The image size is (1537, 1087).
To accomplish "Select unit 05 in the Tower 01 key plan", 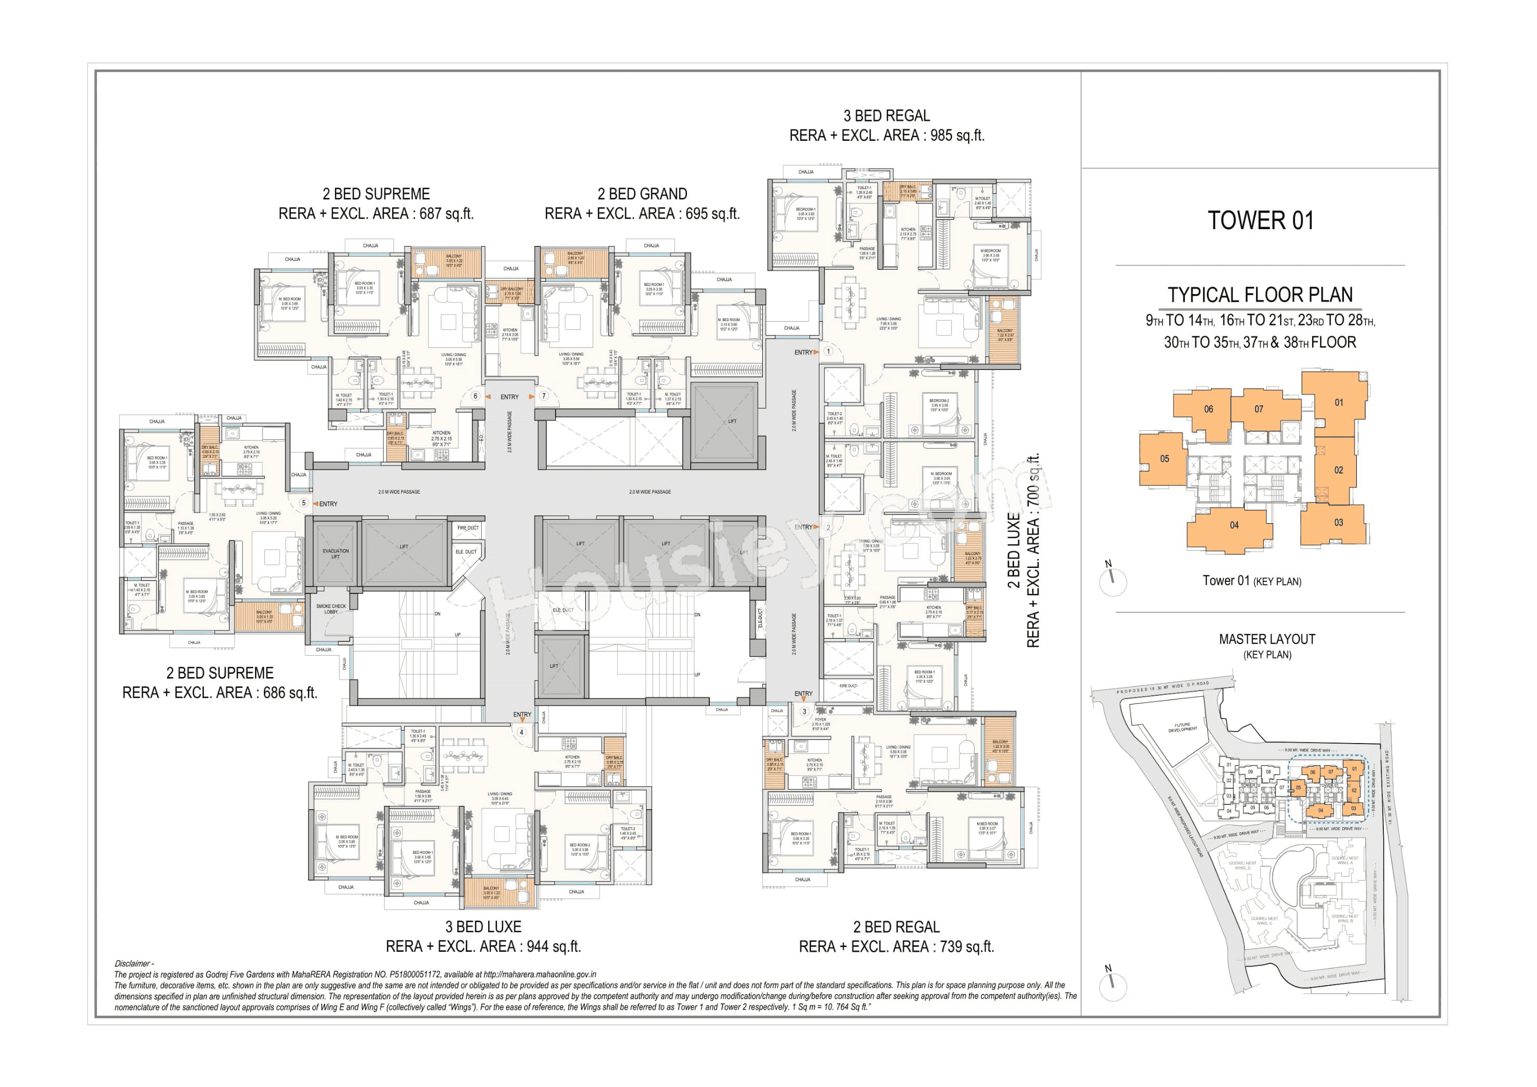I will pyautogui.click(x=1164, y=459).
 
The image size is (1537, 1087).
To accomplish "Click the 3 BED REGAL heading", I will pyautogui.click(x=886, y=116).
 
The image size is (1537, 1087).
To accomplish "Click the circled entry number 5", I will pyautogui.click(x=304, y=503).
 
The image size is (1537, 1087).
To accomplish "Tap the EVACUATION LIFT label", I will pyautogui.click(x=335, y=554).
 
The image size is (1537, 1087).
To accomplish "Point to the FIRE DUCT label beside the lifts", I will pyautogui.click(x=468, y=528).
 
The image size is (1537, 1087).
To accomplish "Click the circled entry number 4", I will pyautogui.click(x=521, y=732).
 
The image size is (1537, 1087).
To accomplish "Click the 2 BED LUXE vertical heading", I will pyautogui.click(x=1014, y=551).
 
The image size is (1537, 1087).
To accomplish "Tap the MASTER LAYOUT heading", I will pyautogui.click(x=1266, y=639).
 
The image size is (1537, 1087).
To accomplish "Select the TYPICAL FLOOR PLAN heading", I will pyautogui.click(x=1260, y=295).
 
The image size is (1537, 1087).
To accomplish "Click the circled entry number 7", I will pyautogui.click(x=544, y=396).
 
